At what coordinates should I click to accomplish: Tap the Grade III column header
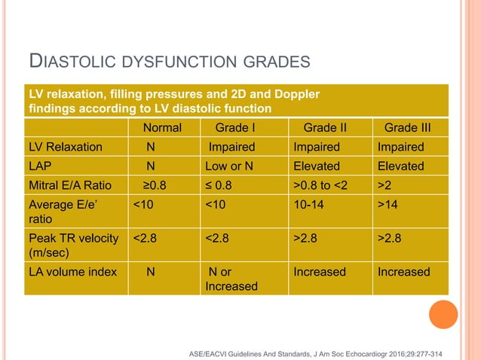(x=412, y=127)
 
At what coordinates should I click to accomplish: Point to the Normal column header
(x=162, y=127)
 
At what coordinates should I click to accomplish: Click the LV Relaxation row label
(x=65, y=147)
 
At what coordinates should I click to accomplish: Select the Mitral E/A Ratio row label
(x=70, y=185)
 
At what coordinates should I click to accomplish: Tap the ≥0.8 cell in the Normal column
(x=157, y=185)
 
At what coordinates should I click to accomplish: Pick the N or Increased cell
(x=233, y=279)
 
